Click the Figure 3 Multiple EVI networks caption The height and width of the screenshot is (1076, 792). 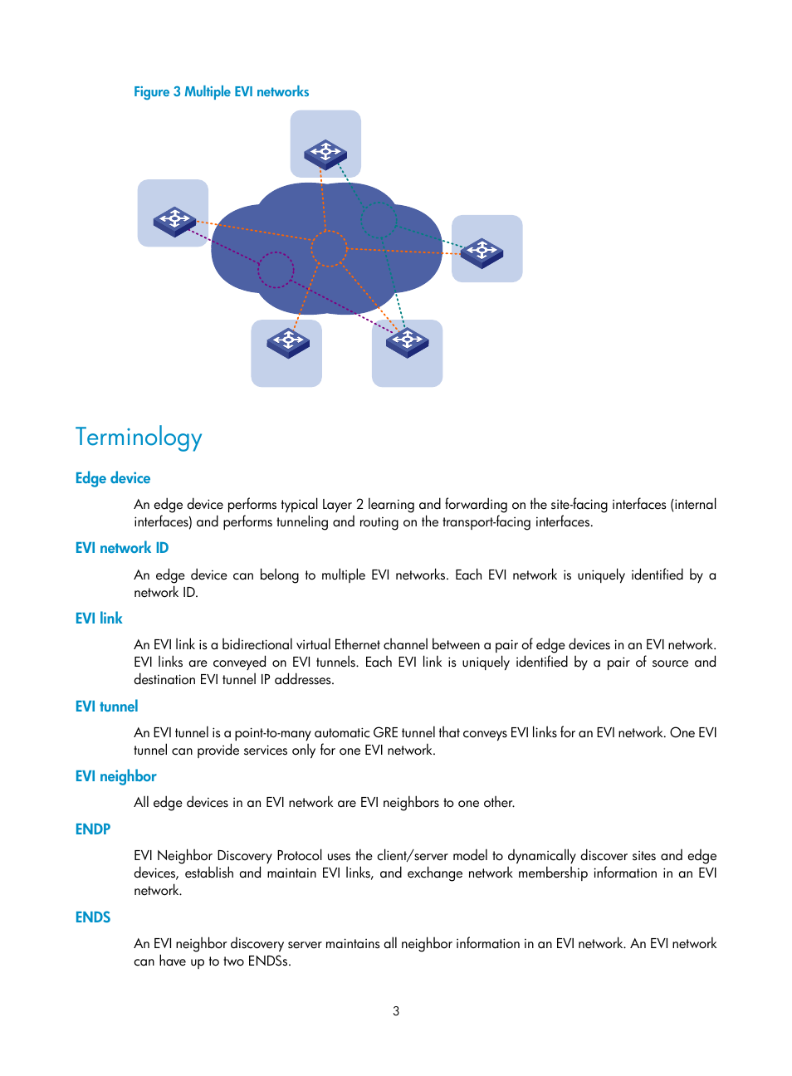click(221, 92)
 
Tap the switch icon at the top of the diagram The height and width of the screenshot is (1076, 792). click(325, 154)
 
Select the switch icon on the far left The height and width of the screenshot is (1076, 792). click(174, 221)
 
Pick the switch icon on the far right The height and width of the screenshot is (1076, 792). click(482, 252)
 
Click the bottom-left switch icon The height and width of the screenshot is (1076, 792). click(288, 342)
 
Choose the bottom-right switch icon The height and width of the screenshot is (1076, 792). click(408, 341)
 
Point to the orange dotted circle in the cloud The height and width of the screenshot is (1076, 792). click(329, 248)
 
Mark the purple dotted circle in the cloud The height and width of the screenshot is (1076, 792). click(276, 270)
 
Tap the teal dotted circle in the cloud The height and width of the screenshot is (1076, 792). click(379, 221)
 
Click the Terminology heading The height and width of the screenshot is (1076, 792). click(139, 438)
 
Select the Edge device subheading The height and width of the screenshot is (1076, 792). click(113, 478)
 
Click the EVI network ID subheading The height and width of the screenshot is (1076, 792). click(122, 548)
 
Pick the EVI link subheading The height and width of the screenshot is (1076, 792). click(99, 619)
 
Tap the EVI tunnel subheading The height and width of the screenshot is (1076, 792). click(106, 707)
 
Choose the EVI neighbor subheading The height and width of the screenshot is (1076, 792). click(115, 776)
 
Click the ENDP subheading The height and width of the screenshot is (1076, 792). click(93, 829)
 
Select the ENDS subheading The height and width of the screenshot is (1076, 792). click(93, 917)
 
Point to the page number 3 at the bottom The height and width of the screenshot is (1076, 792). click(396, 1011)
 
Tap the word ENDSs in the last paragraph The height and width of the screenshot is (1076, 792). click(269, 961)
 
